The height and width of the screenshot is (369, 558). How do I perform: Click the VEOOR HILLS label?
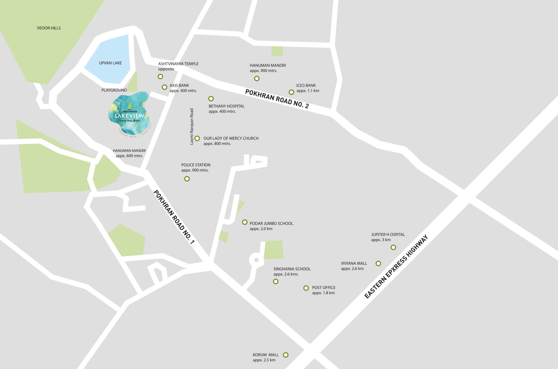[x=49, y=28]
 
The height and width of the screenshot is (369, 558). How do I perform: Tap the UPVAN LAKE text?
[x=110, y=63]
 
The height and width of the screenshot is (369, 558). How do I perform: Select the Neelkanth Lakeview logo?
[x=129, y=114]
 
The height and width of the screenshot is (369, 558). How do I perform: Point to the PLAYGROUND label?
[x=114, y=90]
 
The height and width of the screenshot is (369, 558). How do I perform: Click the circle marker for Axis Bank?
[x=165, y=87]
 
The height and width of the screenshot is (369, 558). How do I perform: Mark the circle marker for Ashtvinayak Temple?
[x=160, y=77]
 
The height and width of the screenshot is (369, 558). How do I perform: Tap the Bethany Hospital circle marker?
[x=211, y=99]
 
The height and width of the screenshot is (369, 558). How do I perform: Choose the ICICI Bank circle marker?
[x=291, y=92]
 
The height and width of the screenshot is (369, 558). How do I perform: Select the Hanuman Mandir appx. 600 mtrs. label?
[x=129, y=153]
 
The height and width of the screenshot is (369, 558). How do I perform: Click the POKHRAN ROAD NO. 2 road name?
[x=277, y=99]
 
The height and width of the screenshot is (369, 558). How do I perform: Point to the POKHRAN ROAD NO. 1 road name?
[x=174, y=217]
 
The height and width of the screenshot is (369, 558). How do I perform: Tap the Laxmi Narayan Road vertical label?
[x=192, y=127]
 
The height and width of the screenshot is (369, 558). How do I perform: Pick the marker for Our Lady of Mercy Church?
[x=197, y=138]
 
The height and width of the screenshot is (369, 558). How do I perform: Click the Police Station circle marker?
[x=187, y=179]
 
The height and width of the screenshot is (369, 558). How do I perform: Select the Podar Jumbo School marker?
[x=245, y=222]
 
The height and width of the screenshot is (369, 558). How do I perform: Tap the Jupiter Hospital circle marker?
[x=393, y=247]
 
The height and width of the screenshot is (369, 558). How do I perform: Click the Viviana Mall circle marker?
[x=378, y=264]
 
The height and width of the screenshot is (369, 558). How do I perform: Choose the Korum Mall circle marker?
[x=285, y=355]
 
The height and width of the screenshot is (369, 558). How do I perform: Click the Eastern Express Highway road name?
[x=396, y=267]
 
